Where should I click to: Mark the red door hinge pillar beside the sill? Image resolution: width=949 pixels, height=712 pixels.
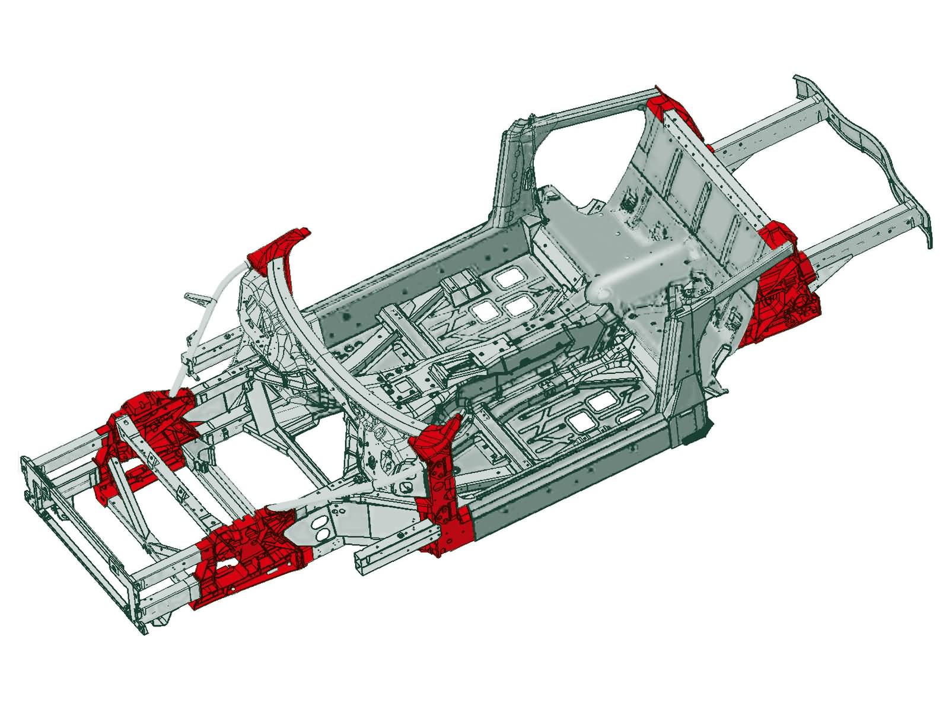pyautogui.click(x=442, y=487)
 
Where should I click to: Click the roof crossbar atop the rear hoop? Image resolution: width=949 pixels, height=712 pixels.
pyautogui.click(x=587, y=107)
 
